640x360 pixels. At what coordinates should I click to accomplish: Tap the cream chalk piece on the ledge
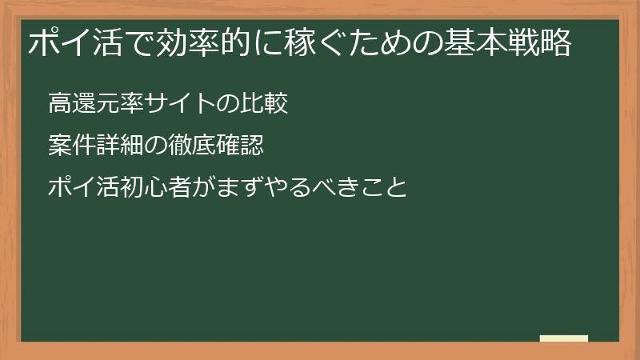click(564, 338)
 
